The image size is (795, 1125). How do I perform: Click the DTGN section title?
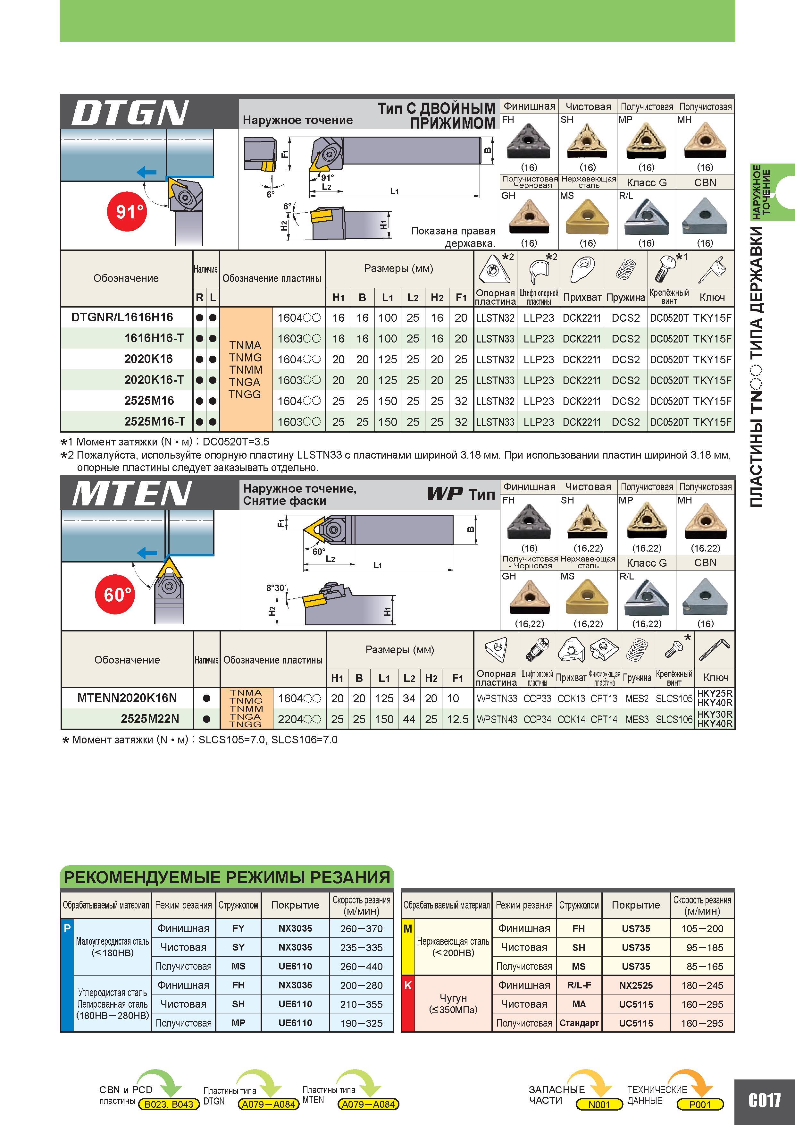(130, 113)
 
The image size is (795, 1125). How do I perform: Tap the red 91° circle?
(127, 211)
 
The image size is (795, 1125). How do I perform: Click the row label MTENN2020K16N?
(127, 698)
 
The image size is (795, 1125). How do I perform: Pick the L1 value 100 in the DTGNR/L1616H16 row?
(388, 317)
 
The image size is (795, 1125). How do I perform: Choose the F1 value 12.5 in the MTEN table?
(457, 719)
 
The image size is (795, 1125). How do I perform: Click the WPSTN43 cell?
(496, 719)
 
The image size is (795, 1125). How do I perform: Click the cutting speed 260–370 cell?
(362, 928)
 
